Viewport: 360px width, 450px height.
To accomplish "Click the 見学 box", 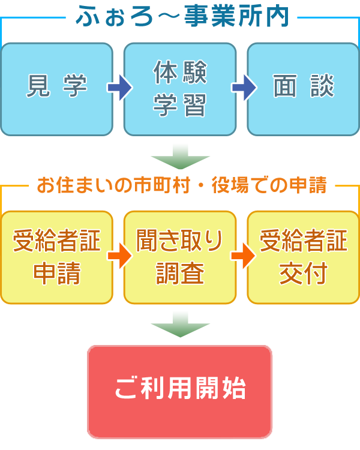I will click(56, 89).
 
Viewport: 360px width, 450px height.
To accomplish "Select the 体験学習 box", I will click(180, 89).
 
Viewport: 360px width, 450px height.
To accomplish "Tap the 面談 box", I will click(304, 89).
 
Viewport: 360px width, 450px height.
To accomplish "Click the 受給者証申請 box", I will click(56, 257).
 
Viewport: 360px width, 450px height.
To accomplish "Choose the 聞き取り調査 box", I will click(180, 257).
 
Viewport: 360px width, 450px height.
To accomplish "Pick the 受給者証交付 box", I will click(304, 257).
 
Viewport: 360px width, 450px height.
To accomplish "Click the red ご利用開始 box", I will click(180, 391).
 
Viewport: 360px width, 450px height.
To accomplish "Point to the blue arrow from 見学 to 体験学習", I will click(118, 88).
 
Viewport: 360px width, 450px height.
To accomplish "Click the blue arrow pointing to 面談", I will click(242, 88).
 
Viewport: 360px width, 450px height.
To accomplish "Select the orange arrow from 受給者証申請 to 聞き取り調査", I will click(118, 257).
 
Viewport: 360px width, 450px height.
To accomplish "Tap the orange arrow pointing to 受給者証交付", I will click(242, 257).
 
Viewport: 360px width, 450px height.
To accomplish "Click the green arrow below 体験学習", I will click(180, 158).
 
